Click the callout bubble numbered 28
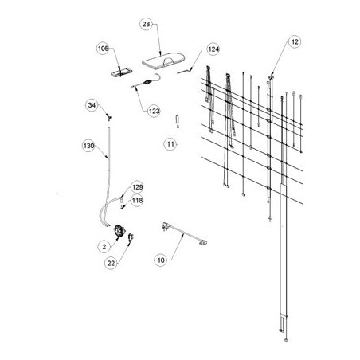coord(147,24)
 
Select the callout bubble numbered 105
coord(103,49)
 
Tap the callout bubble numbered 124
coord(213,49)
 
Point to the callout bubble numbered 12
coord(295,41)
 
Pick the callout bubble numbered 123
coord(155,111)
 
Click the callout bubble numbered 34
coord(92,105)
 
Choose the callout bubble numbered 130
coord(88,146)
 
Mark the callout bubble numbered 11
coord(170,144)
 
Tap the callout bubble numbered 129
coord(137,187)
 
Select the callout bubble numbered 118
coord(137,201)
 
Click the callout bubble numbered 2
coord(104,247)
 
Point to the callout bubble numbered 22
coord(111,263)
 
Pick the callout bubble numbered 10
coord(161,260)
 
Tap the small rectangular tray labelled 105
coord(121,72)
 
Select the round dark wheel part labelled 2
coord(119,231)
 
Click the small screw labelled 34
coord(108,116)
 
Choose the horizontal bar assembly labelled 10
coord(185,233)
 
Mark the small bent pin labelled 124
coord(185,71)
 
